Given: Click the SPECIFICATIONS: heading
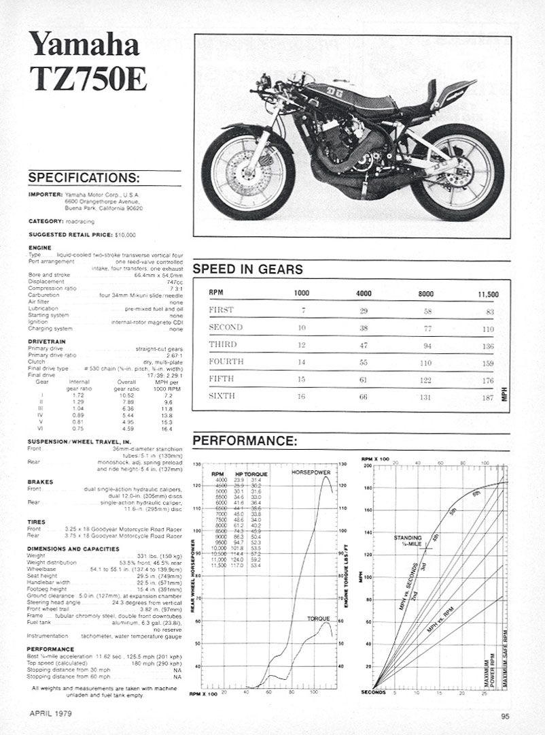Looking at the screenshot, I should tap(83, 178).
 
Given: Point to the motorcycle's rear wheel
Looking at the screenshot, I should tap(457, 171).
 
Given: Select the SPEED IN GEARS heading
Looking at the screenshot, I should tap(247, 269).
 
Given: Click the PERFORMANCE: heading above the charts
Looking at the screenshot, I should tap(245, 441).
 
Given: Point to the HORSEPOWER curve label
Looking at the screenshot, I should tap(312, 472).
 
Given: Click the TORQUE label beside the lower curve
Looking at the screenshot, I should tap(317, 619).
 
